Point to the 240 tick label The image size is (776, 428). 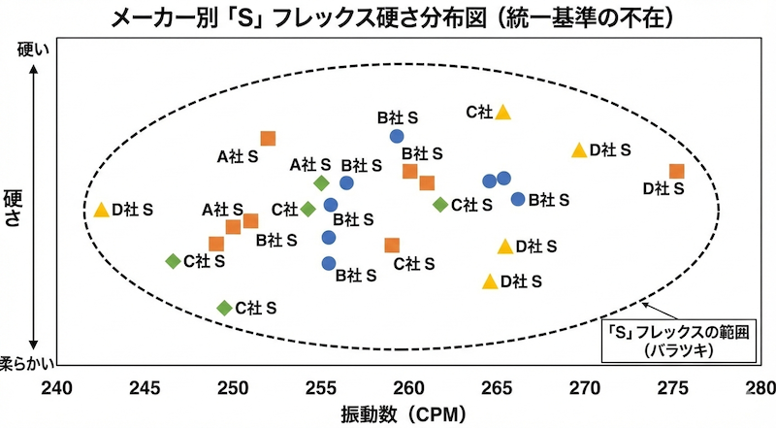[56, 388]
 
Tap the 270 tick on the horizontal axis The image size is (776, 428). [585, 388]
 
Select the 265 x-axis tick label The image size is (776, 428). [497, 388]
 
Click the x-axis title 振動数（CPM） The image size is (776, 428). [404, 413]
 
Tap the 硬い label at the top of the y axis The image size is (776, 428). [33, 49]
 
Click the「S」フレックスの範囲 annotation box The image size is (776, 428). [678, 341]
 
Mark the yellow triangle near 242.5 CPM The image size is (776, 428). [102, 210]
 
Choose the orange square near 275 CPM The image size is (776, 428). [676, 172]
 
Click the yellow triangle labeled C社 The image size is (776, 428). [502, 113]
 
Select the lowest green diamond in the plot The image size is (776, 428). [225, 308]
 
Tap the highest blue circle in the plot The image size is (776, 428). [397, 136]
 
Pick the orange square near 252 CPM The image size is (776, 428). [268, 139]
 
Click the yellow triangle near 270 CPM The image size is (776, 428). [579, 150]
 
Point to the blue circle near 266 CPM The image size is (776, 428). [518, 199]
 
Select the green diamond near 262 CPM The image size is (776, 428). [440, 204]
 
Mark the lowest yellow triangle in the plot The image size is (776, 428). [490, 281]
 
